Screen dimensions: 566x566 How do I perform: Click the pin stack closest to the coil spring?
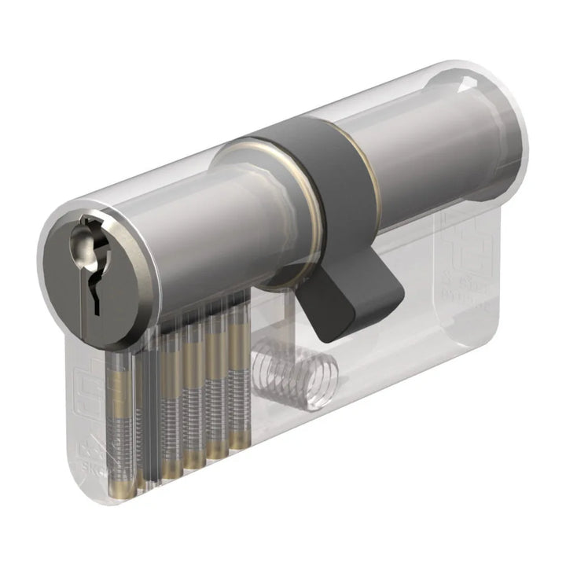click(x=236, y=377)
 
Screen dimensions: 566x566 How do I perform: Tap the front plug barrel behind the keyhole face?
click(x=197, y=236)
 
